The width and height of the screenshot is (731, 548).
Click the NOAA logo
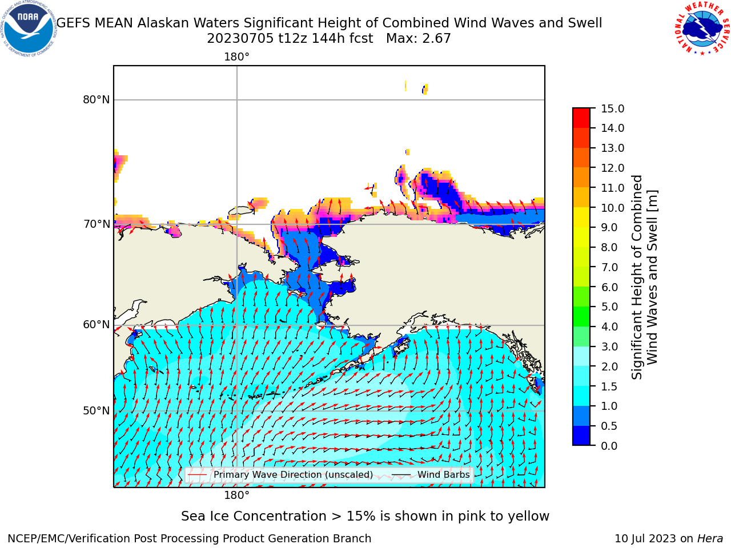[29, 29]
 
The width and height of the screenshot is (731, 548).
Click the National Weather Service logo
[701, 28]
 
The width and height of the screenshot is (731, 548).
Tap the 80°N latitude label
[97, 100]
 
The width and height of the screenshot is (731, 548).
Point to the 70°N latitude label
[97, 224]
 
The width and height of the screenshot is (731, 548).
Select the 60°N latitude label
[97, 325]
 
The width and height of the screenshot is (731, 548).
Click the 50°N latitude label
[97, 411]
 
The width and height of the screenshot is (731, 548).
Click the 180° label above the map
[236, 57]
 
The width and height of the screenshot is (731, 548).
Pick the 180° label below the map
[236, 495]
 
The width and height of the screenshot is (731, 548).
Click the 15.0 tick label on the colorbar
[612, 109]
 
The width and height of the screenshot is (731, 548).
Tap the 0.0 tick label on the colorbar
[609, 446]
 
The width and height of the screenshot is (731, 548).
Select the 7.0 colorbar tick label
[609, 267]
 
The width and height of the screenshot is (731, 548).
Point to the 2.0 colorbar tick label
[609, 366]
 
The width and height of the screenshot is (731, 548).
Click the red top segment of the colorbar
[581, 118]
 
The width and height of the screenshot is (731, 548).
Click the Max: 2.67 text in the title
[418, 39]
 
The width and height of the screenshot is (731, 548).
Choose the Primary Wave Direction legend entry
[280, 475]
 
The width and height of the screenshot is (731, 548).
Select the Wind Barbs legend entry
[431, 475]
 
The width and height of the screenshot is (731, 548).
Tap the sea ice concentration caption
[365, 517]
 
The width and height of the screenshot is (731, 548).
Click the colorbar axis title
[644, 277]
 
